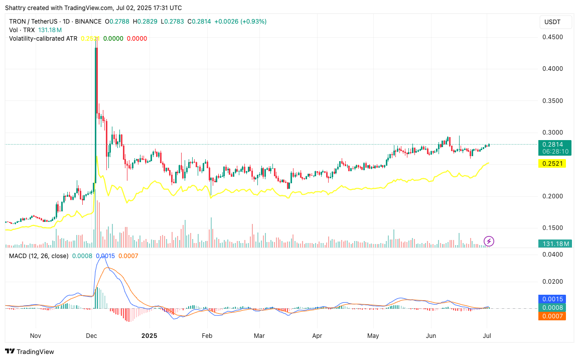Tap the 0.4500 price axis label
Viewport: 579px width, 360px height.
[552, 37]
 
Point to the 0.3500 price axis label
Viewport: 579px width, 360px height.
[552, 100]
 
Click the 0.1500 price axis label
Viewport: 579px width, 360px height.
[552, 227]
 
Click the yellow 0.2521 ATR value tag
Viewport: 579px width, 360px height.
[552, 164]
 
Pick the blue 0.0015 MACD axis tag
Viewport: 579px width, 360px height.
[552, 299]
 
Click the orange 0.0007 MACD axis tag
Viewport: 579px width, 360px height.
[552, 316]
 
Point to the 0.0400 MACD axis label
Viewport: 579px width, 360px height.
[552, 255]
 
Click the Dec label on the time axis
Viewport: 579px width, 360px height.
[91, 335]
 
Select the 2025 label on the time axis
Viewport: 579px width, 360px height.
[150, 335]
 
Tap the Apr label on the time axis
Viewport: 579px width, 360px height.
[317, 335]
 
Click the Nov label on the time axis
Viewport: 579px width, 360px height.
[35, 335]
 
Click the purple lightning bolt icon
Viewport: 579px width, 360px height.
[489, 241]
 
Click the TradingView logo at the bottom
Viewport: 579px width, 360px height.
[30, 351]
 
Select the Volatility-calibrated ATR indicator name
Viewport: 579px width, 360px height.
[43, 38]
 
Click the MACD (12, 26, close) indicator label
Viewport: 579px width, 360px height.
[39, 256]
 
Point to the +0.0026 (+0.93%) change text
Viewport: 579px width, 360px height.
[240, 22]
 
